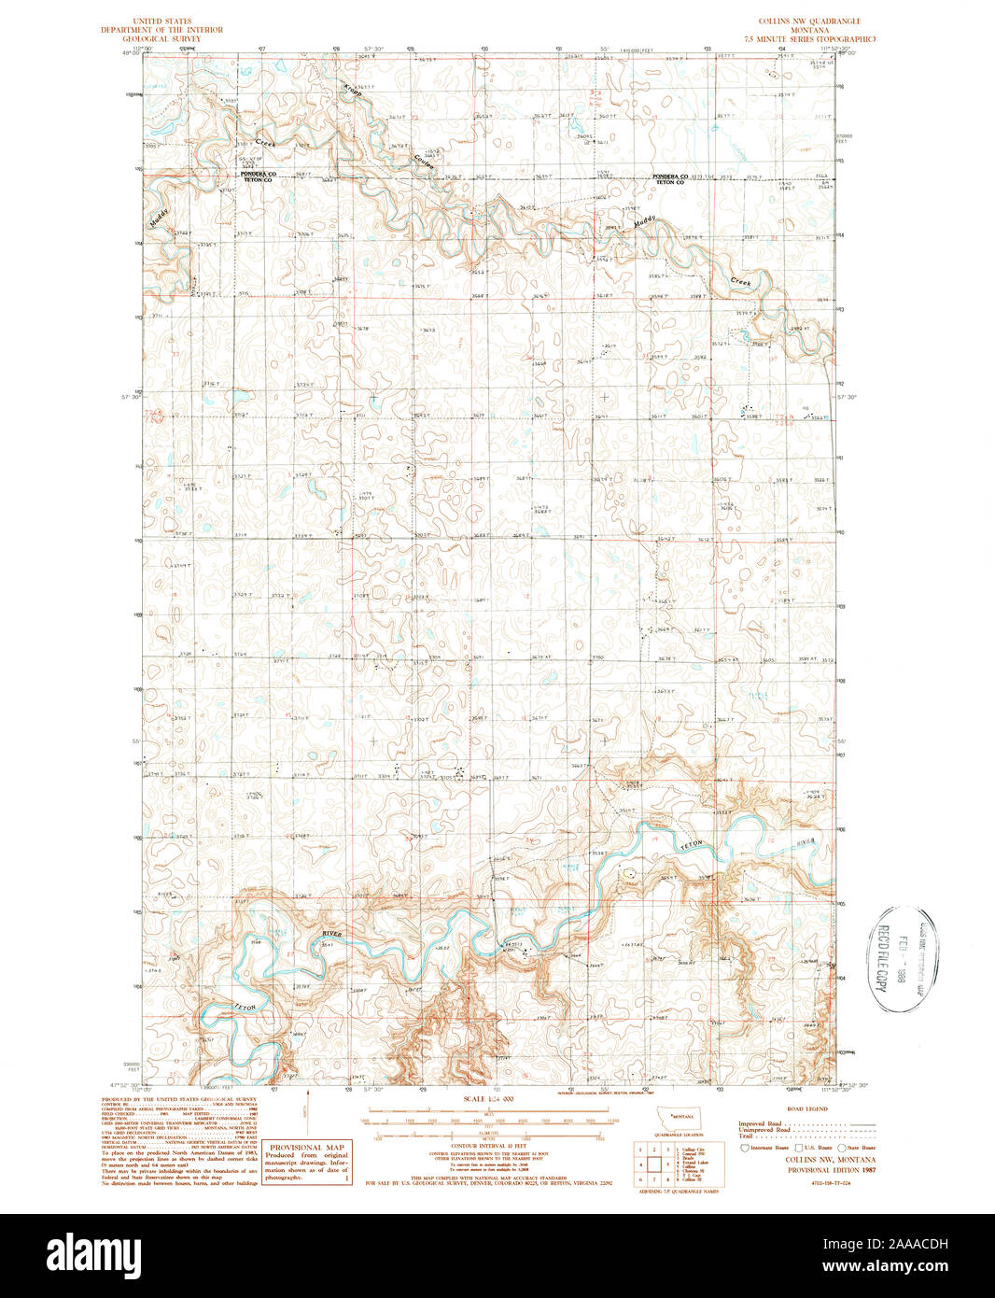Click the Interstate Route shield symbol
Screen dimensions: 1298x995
[x=744, y=1148]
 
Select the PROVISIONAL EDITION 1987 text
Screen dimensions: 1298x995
[x=819, y=1169]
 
